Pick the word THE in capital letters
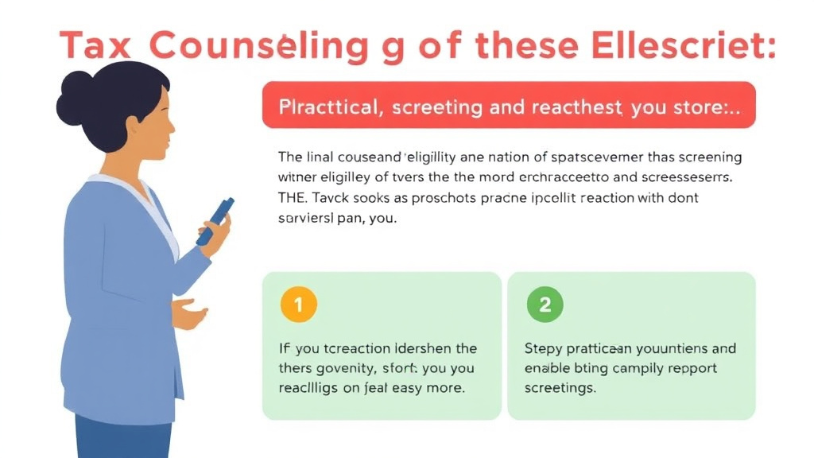coord(293,197)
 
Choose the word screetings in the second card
coord(560,388)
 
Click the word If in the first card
coord(284,348)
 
